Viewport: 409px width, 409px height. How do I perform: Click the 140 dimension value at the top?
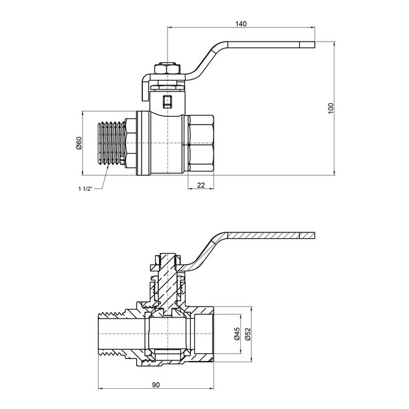click(241, 23)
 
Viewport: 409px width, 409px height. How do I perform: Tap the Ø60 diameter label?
click(79, 143)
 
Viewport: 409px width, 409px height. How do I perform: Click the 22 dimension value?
click(201, 186)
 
